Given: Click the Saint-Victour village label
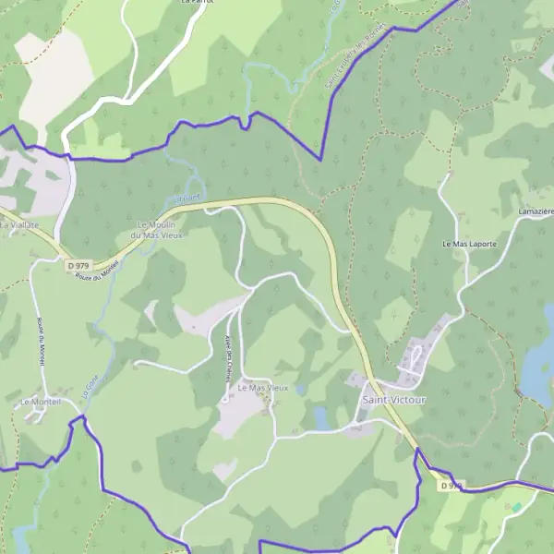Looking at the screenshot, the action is point(394,400).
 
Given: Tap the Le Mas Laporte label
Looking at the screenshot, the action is point(469,244).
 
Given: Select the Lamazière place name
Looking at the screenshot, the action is point(536,212).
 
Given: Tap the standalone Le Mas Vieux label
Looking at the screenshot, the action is point(263,388).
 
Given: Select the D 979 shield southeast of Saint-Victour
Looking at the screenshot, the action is point(450,485).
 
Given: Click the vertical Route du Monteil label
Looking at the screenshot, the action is point(42,342).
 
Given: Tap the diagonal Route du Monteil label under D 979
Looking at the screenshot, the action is point(99,271).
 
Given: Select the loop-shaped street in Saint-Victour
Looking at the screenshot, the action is point(418,356).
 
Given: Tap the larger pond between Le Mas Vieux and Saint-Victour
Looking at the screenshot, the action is point(320,417).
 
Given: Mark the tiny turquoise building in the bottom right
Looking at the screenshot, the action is point(515,507).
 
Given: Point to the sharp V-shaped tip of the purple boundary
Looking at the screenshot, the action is point(320,160).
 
